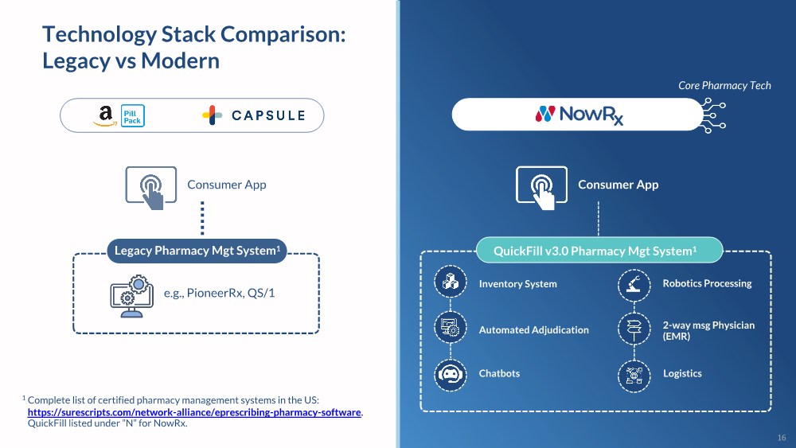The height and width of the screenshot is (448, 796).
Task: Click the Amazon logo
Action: pos(105,115)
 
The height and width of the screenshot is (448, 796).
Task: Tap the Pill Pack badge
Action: pos(132,115)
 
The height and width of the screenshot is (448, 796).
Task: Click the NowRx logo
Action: pos(579,115)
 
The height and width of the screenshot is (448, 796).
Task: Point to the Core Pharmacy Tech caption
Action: pos(724,85)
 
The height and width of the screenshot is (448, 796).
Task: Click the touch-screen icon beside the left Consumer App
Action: pos(150,187)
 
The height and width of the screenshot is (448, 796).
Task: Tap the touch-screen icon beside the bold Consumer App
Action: pos(541,187)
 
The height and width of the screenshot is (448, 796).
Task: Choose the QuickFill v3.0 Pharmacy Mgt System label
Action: pos(595,251)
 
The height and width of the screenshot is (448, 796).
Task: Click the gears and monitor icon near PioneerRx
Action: pos(131,293)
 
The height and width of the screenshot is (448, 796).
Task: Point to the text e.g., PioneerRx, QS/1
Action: pos(219,293)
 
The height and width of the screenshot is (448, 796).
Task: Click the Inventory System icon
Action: pos(450,283)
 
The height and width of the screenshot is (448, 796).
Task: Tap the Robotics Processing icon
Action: pos(634,283)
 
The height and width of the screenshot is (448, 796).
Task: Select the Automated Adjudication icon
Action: pos(450,329)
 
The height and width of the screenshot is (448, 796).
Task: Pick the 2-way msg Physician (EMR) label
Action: pos(708,330)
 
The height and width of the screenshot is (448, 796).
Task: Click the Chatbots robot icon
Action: pos(450,373)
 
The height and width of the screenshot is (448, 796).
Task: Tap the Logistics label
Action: pos(682,373)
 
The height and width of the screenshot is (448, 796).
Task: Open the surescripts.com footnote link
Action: pos(195,412)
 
